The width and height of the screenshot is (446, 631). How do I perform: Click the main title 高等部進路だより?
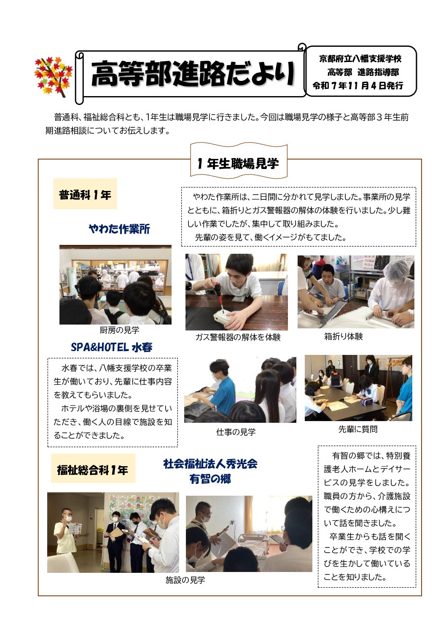click(193, 74)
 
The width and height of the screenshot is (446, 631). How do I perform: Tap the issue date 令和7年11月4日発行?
click(357, 86)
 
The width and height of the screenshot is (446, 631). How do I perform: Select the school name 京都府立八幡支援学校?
click(360, 59)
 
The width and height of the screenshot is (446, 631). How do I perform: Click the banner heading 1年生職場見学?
click(238, 164)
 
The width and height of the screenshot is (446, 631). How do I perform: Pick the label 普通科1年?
click(85, 195)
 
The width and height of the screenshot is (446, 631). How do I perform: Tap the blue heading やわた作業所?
click(119, 229)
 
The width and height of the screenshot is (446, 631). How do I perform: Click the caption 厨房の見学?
click(119, 330)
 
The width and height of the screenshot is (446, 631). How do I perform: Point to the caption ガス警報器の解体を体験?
click(238, 337)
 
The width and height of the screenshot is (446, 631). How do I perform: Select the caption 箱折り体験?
click(343, 336)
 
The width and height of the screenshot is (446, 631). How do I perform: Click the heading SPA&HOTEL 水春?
click(112, 347)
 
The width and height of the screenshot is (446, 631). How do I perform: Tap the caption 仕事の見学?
click(236, 432)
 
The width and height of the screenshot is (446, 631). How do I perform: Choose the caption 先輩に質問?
click(358, 429)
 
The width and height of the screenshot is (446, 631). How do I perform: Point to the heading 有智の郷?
click(210, 479)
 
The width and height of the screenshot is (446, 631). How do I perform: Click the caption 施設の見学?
click(185, 580)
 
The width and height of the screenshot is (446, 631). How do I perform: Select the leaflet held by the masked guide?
click(75, 529)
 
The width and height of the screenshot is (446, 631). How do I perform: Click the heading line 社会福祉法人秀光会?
click(210, 464)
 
